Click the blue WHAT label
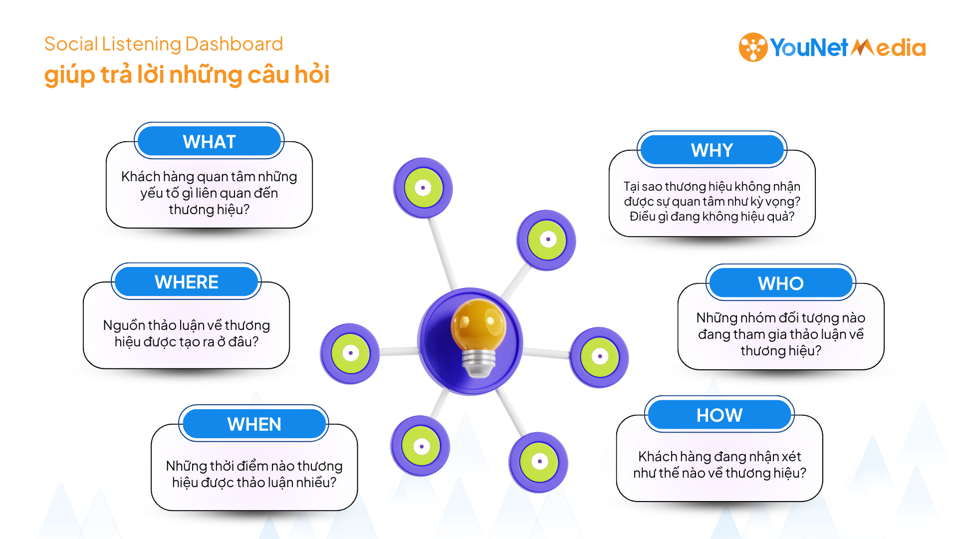[x=209, y=141]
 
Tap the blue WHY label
[x=712, y=150]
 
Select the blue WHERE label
[x=187, y=281]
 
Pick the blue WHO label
[x=781, y=283]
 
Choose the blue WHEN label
[x=254, y=424]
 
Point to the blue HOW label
[x=719, y=415]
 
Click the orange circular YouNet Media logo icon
[x=753, y=47]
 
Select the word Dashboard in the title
[x=234, y=44]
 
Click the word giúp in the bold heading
[x=69, y=75]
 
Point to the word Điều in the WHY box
[x=642, y=216]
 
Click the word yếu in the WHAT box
[x=149, y=193]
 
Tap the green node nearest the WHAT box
[x=423, y=188]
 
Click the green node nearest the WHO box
[x=599, y=357]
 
